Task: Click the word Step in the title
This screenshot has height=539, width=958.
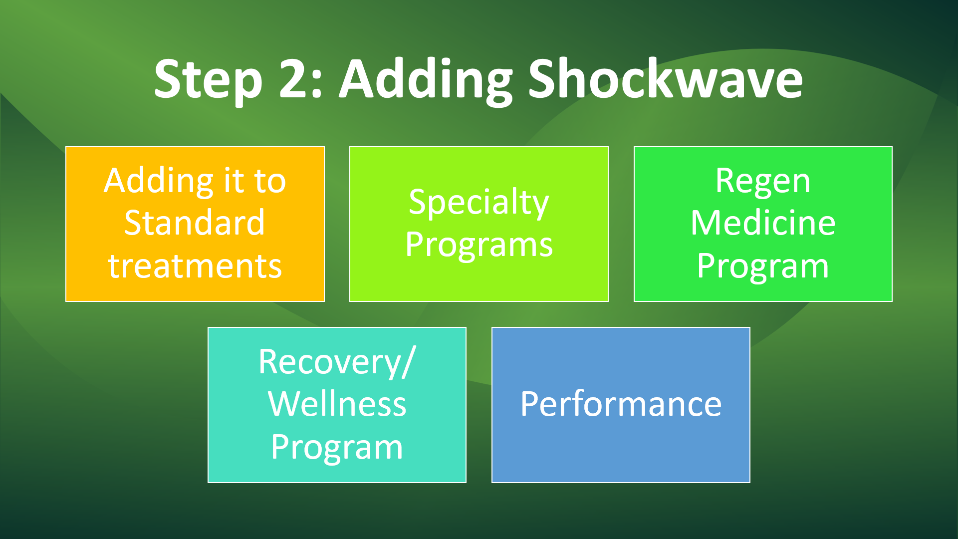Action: (208, 80)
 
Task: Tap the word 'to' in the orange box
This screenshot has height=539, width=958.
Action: (270, 182)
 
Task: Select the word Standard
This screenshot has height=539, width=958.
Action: (195, 223)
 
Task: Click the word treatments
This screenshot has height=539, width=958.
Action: (195, 266)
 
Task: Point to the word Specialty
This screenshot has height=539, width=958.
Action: (479, 203)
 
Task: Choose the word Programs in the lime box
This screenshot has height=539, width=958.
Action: (479, 246)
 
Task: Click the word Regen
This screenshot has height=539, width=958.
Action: (763, 182)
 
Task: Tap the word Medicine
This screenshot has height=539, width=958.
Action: (763, 223)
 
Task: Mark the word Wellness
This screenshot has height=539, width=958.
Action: (337, 404)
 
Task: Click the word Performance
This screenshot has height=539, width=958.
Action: (621, 405)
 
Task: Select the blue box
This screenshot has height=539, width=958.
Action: (621, 405)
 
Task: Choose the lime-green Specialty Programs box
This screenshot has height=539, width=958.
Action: (479, 224)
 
